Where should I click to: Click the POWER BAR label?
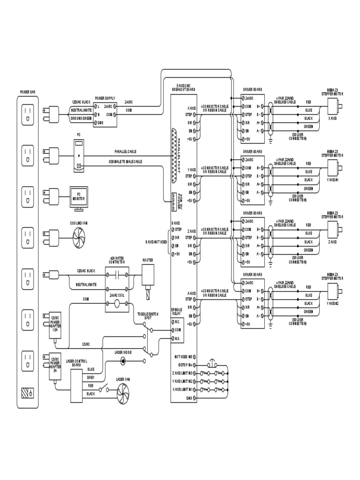click(27, 92)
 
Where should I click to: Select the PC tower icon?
click(79, 155)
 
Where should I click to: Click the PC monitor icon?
click(78, 197)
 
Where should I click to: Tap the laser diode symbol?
click(123, 360)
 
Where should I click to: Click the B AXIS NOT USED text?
click(156, 242)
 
